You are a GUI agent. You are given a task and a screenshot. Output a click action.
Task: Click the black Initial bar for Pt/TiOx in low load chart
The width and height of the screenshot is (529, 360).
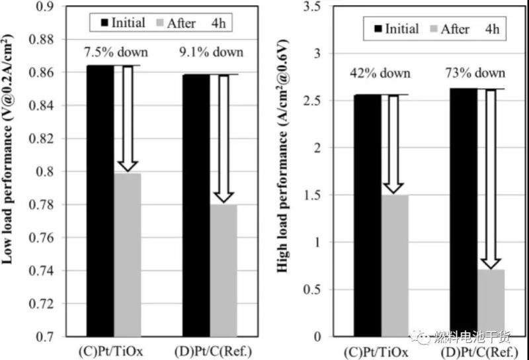click(x=101, y=199)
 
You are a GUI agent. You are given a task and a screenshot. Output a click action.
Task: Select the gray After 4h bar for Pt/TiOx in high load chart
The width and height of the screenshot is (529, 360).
click(x=395, y=265)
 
